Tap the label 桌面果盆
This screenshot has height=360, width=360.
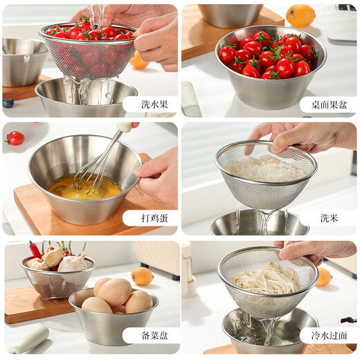tap(329, 105)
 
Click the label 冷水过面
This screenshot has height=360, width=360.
tap(329, 336)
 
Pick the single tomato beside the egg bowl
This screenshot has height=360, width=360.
tap(15, 138)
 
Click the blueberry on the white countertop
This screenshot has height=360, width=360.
tap(8, 102)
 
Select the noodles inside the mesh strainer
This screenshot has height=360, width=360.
tap(267, 280)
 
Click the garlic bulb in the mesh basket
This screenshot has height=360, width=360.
tap(72, 262)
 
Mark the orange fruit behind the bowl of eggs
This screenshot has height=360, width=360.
tap(142, 276)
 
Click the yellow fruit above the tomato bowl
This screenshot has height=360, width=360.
tap(300, 15)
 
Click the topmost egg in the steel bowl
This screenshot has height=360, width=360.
tap(115, 291)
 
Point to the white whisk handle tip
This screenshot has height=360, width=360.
tap(125, 127)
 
